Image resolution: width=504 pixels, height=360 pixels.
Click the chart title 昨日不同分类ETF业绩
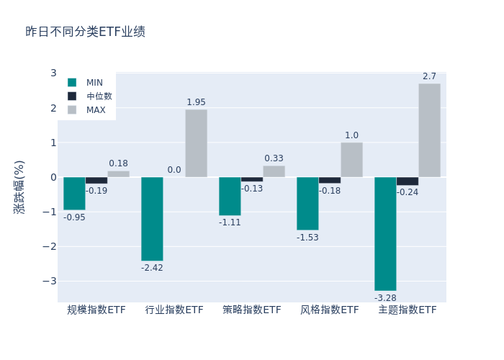(x=85, y=32)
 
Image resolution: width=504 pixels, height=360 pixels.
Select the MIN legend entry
(x=94, y=82)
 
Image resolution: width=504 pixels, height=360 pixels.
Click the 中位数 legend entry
(x=99, y=96)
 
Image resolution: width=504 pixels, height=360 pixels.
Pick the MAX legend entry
(x=96, y=110)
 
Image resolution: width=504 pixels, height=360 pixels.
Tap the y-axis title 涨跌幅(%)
(x=19, y=186)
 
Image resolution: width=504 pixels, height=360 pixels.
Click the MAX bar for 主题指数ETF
(x=429, y=130)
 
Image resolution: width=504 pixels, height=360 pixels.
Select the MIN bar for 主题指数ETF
(x=385, y=233)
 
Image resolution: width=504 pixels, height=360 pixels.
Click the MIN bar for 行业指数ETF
(x=152, y=219)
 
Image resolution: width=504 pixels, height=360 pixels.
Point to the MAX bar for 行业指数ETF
(x=196, y=143)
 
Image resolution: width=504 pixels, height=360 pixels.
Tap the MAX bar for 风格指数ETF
(x=351, y=160)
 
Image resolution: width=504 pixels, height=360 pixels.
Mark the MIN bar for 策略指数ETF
(x=230, y=196)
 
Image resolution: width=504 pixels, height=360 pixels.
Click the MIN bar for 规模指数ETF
(x=74, y=194)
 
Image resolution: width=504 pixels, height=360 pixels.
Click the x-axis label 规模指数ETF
(x=96, y=310)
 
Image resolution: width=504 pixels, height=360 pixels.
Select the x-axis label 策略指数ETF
(x=252, y=310)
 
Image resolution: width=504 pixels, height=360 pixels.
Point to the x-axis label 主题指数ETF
(x=408, y=310)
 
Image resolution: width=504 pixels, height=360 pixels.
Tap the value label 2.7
(x=429, y=76)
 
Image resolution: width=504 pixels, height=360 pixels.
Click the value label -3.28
(x=385, y=297)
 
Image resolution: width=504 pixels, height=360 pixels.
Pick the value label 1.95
(x=196, y=102)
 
